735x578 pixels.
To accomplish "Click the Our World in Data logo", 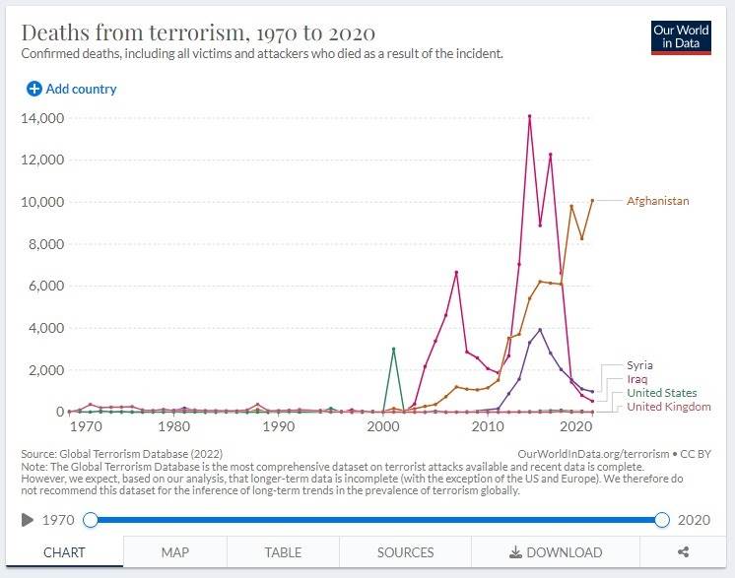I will [681, 36].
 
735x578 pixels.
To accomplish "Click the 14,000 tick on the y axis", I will [43, 118].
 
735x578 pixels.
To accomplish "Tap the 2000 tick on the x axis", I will [382, 428].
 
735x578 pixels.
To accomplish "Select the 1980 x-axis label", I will [175, 428].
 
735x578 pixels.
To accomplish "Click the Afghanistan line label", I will [657, 202].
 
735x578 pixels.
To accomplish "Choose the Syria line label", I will [639, 365].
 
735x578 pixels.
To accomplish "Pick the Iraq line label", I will [636, 379].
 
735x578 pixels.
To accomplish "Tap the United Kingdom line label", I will [669, 407].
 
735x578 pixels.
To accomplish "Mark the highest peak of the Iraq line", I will [529, 116].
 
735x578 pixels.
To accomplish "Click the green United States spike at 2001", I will [394, 349].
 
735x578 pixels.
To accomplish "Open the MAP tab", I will [175, 552].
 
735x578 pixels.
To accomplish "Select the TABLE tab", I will [283, 552].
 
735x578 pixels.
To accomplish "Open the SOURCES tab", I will [405, 552].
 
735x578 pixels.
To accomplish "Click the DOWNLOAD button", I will [556, 552].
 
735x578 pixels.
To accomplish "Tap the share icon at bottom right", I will [683, 552].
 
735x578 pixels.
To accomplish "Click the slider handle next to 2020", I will [662, 519].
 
